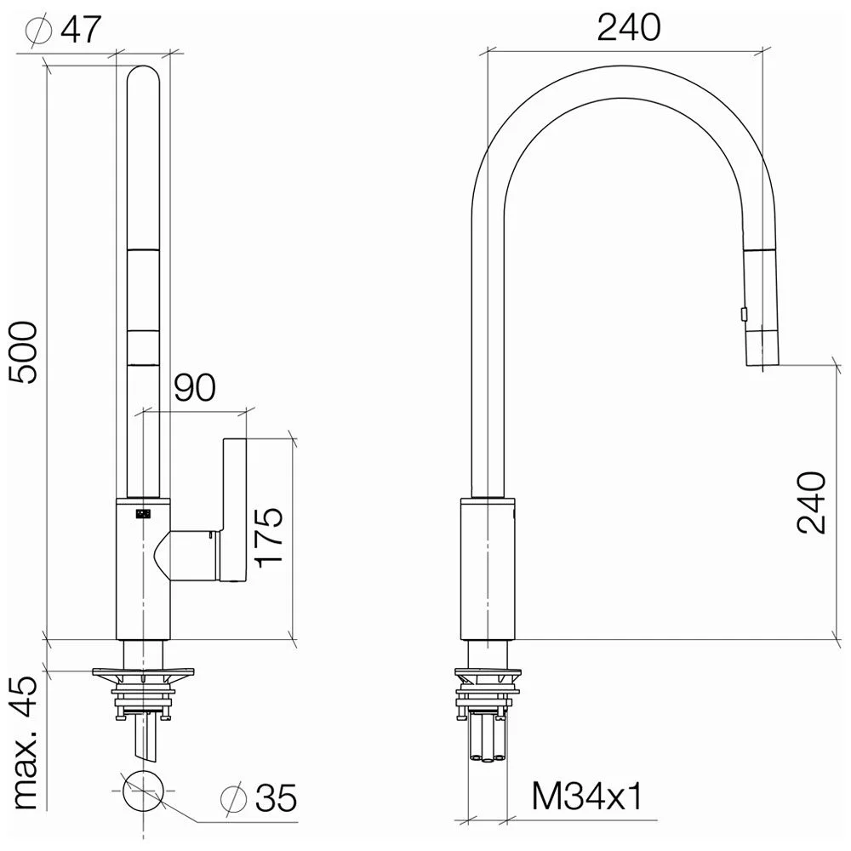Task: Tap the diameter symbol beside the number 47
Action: [39, 31]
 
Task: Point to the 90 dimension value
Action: [195, 387]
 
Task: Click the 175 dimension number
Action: [270, 537]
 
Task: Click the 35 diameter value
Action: [277, 798]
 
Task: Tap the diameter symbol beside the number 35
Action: [234, 798]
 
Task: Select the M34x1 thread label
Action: [586, 797]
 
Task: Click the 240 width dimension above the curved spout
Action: [629, 27]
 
